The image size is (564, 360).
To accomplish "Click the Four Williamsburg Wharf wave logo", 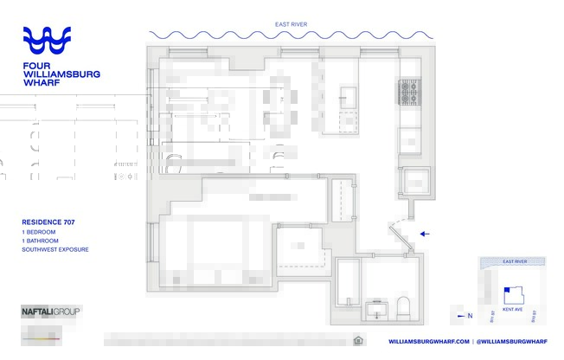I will (x=59, y=41).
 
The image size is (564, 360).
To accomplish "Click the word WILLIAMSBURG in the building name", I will (x=61, y=74).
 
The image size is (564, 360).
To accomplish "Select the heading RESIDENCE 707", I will (x=48, y=222).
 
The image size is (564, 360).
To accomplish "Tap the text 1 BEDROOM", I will (x=40, y=233).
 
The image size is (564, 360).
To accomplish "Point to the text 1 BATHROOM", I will (x=41, y=241).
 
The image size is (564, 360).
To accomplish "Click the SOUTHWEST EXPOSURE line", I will (x=55, y=250).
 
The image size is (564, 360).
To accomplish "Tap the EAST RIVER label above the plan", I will (x=290, y=24).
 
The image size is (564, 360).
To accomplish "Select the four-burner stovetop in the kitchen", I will (x=409, y=91).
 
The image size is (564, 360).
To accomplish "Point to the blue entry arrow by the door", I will (x=424, y=234).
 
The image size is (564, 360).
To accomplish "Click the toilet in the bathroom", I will (x=403, y=307).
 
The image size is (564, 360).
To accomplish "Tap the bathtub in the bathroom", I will (x=348, y=282).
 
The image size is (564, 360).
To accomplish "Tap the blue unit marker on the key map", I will (x=505, y=290).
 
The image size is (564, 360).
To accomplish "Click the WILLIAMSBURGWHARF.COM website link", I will (x=428, y=341).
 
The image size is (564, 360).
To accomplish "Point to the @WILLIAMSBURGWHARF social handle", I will (x=513, y=341).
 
